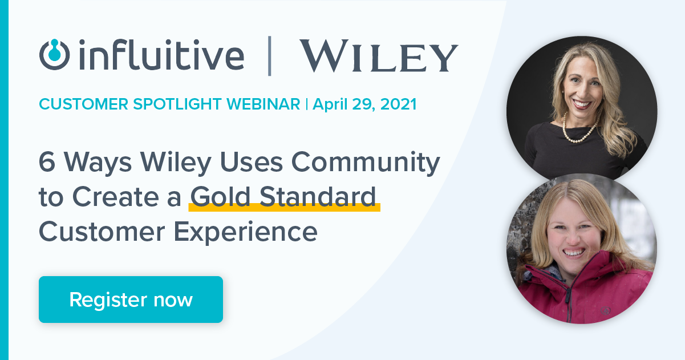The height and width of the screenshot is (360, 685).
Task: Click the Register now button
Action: (x=131, y=300)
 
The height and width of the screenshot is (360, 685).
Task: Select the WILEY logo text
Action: (x=378, y=56)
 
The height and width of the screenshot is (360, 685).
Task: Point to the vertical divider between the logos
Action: (x=270, y=55)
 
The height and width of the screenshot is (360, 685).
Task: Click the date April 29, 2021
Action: (x=364, y=104)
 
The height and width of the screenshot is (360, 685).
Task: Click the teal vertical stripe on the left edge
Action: (x=4, y=180)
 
